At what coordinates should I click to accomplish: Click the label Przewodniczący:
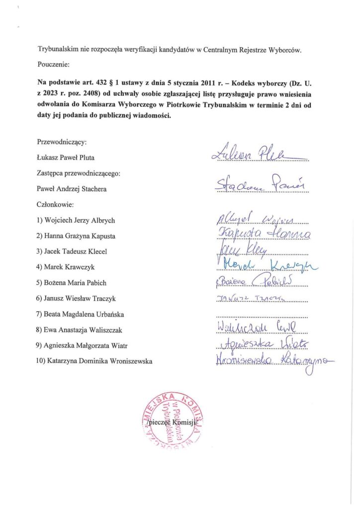click(62, 142)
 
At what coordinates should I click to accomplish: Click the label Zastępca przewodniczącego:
click(79, 173)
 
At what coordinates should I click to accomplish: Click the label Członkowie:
click(55, 204)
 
